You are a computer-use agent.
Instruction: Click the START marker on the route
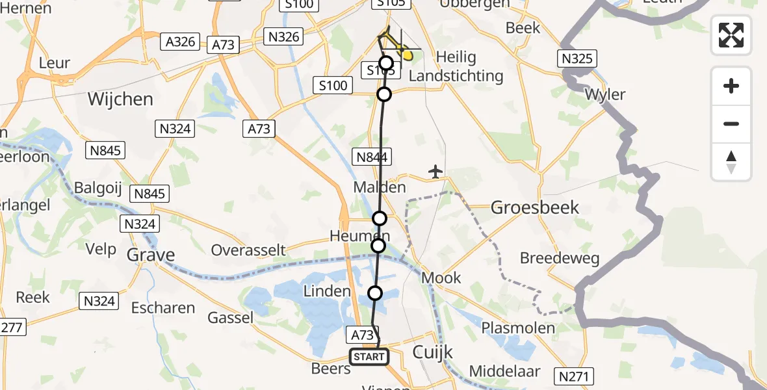pos(369,357)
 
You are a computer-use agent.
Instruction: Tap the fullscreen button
pos(731,35)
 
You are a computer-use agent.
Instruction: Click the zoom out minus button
pos(731,123)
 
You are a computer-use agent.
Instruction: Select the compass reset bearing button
pos(731,162)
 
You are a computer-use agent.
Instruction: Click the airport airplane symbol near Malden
pos(435,172)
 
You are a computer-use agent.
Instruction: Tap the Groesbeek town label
pos(535,207)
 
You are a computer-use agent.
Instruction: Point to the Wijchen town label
pos(121,99)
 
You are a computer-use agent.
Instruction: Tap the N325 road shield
pos(577,58)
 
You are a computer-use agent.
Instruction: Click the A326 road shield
pos(181,42)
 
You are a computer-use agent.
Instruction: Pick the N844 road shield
pos(371,156)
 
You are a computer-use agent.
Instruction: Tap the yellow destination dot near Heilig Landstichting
pos(408,56)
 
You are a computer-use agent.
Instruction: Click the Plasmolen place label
pos(517,328)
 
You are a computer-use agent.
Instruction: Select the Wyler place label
pos(605,95)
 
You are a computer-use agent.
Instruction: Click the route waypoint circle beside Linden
pos(375,293)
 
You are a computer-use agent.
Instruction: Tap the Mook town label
pos(441,278)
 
